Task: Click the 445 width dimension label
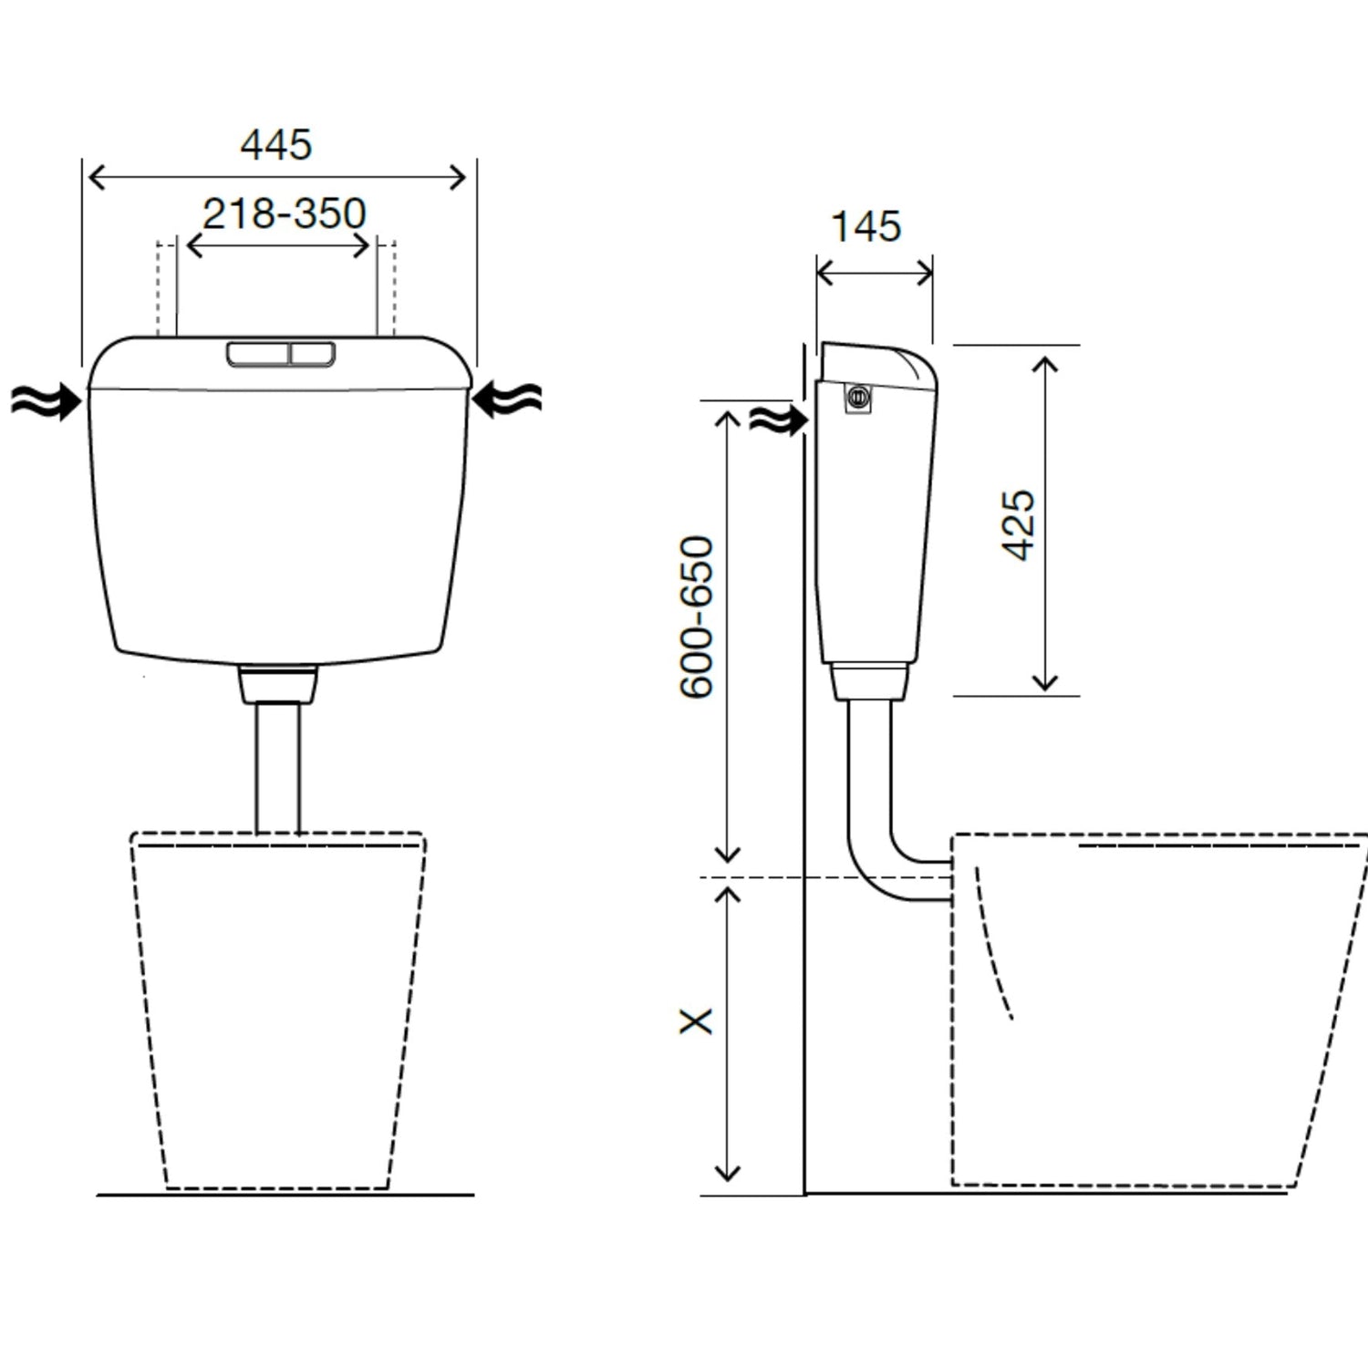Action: [276, 144]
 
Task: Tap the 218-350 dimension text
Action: [284, 213]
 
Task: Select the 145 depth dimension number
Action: [866, 226]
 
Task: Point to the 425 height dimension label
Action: [1019, 525]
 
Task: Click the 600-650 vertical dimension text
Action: [697, 617]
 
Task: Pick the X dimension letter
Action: [696, 1021]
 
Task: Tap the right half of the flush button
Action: [312, 354]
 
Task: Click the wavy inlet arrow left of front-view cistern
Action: [46, 401]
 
